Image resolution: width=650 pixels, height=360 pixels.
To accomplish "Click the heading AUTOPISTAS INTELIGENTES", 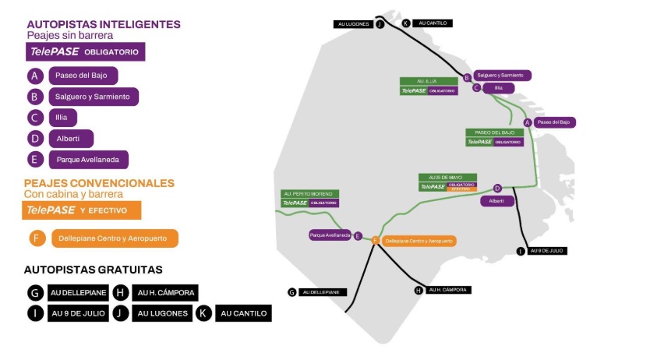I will click(104, 24).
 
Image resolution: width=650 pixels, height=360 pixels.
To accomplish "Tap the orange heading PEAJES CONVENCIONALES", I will click(99, 183).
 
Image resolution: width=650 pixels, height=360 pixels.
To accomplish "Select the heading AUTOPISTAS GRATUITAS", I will click(93, 270).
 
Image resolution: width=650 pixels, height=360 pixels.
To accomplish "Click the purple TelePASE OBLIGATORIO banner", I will click(86, 52).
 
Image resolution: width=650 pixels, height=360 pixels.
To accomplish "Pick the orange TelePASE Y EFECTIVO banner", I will click(82, 210).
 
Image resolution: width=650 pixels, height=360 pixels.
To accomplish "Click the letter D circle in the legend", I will click(34, 139).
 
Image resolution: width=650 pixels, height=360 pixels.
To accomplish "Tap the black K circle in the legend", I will click(204, 313).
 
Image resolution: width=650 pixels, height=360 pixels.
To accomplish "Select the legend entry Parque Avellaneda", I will click(88, 160).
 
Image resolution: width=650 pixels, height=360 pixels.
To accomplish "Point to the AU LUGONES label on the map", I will click(354, 24).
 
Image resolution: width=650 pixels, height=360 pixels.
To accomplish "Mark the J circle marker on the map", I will click(380, 23).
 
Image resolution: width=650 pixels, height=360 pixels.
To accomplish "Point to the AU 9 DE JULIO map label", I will click(547, 251).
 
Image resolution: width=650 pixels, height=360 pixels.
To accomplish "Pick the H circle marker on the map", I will click(419, 290).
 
